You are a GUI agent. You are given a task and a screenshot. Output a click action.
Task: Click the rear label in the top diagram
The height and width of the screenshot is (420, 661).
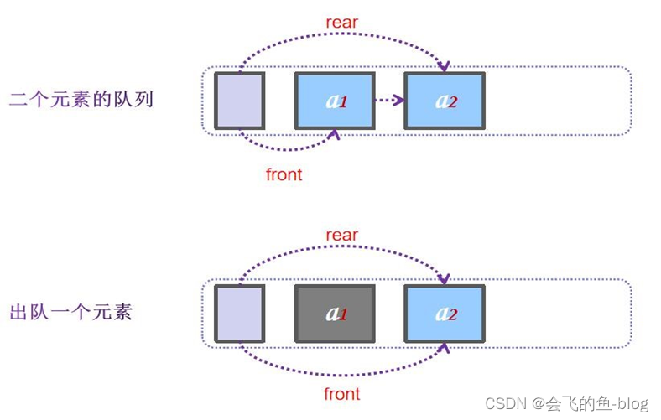[x=341, y=23]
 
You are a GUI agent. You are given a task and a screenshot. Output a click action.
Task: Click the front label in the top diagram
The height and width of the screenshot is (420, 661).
[x=284, y=175]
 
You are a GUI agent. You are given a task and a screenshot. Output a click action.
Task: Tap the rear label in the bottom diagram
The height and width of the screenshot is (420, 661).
[x=341, y=236]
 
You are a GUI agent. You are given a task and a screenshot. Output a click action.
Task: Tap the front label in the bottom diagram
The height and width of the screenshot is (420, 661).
[x=341, y=394]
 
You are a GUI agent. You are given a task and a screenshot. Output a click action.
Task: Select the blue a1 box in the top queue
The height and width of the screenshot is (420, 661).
[x=335, y=101]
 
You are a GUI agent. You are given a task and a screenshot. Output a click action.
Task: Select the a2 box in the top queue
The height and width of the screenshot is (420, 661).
[x=444, y=101]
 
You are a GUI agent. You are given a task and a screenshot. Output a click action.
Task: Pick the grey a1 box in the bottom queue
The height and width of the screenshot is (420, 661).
[x=335, y=314]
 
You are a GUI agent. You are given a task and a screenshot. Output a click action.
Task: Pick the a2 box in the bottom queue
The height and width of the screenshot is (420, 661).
[x=444, y=314]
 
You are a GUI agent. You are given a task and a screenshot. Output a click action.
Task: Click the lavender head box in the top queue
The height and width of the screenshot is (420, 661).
[x=239, y=101]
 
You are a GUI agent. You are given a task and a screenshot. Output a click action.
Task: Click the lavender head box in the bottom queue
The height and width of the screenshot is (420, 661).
[x=239, y=314]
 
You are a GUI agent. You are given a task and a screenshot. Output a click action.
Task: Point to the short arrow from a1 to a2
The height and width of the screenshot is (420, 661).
[x=388, y=101]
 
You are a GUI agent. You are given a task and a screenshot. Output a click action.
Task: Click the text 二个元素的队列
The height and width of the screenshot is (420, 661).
[x=81, y=99]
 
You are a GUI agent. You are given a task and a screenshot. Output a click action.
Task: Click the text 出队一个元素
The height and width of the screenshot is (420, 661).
[x=70, y=313]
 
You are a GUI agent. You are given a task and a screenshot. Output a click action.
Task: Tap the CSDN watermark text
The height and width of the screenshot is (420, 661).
[x=566, y=403]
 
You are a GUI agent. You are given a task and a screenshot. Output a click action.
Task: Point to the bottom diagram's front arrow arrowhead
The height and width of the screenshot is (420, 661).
[x=444, y=347]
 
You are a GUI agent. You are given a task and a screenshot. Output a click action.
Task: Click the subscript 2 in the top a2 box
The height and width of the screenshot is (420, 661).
[x=453, y=104]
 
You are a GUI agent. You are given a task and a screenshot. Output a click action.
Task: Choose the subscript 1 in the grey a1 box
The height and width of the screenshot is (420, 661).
[x=343, y=316]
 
